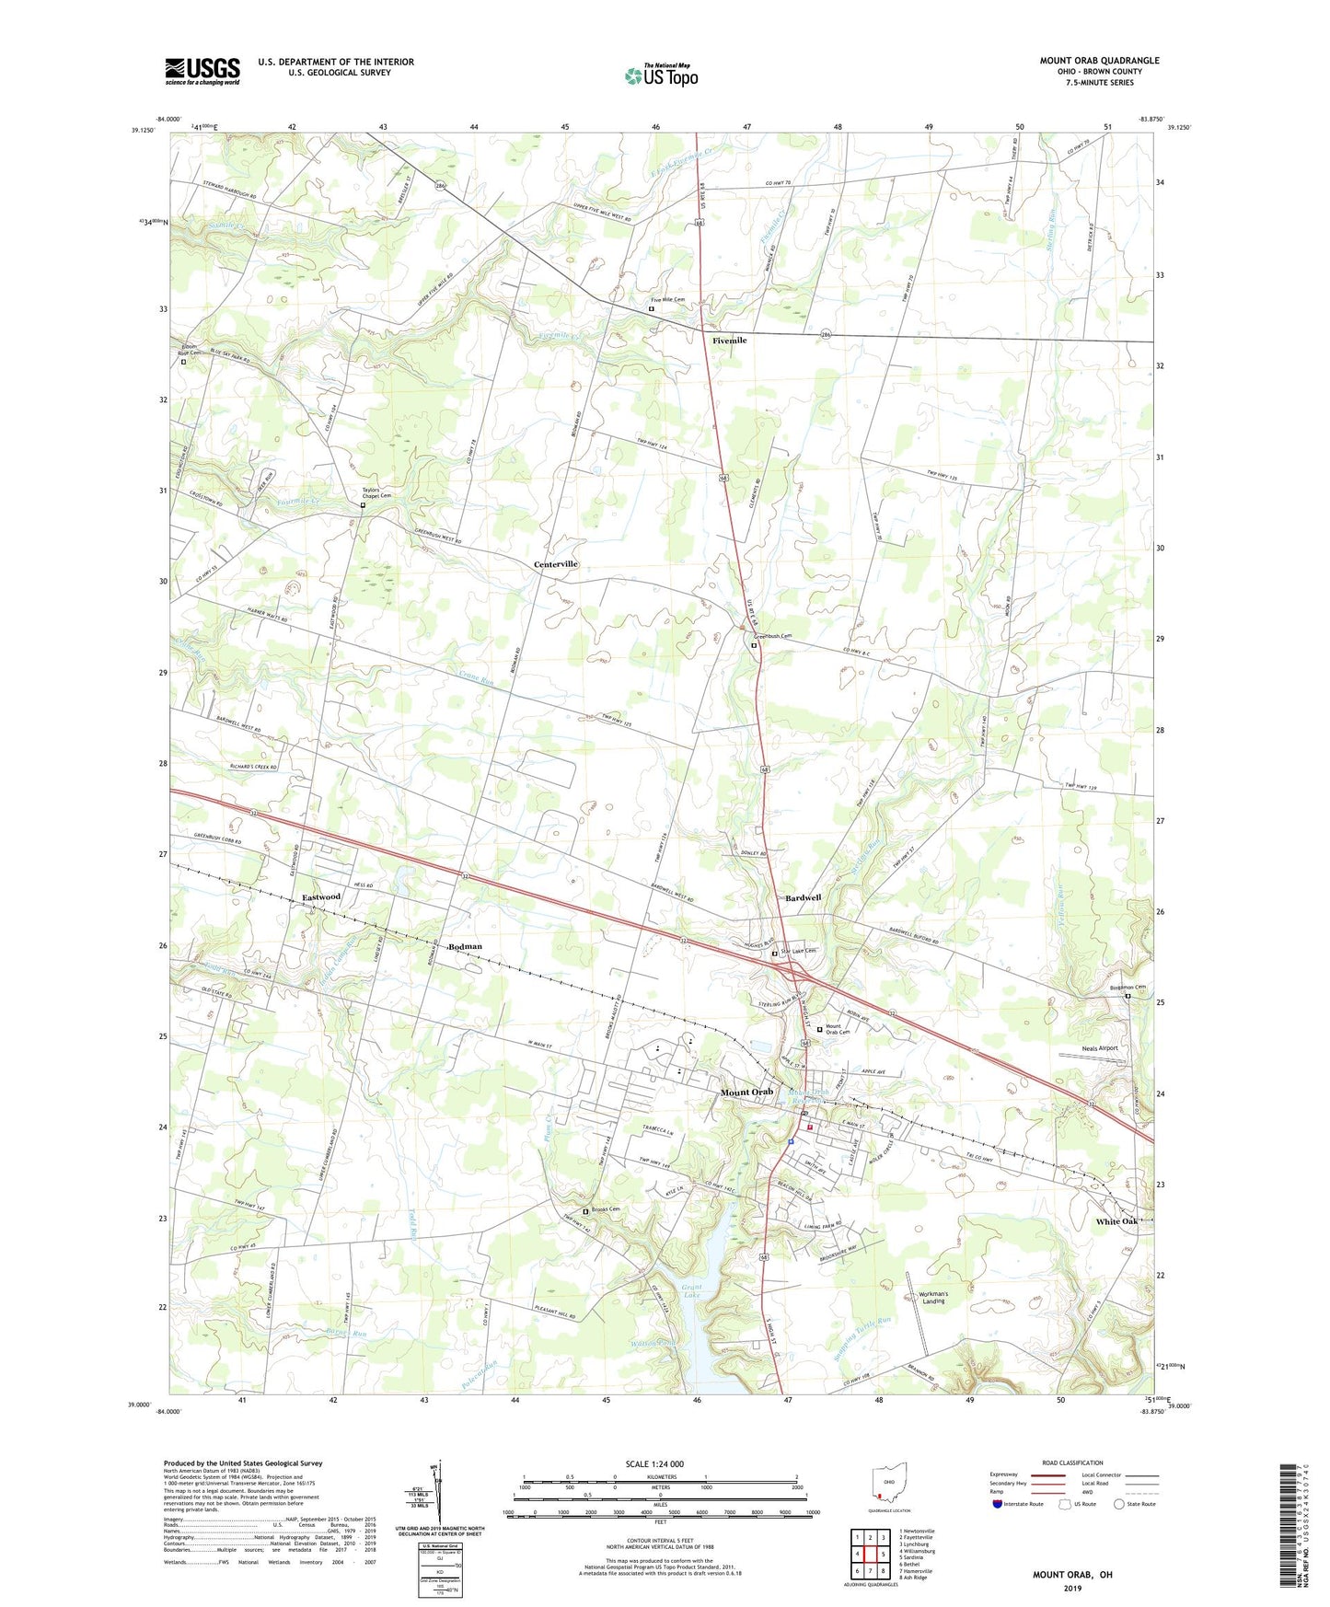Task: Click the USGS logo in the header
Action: pyautogui.click(x=202, y=71)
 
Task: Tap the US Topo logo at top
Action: pyautogui.click(x=661, y=75)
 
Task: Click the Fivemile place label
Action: pyautogui.click(x=729, y=341)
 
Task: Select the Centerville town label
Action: pyautogui.click(x=556, y=563)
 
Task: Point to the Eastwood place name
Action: pyautogui.click(x=321, y=896)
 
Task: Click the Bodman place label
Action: pyautogui.click(x=465, y=946)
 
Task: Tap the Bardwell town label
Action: pyautogui.click(x=803, y=897)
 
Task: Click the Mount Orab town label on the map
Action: pyautogui.click(x=746, y=1093)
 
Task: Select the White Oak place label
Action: pyautogui.click(x=1116, y=1221)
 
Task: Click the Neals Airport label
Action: pyautogui.click(x=1100, y=1048)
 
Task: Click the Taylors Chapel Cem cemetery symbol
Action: pyautogui.click(x=363, y=505)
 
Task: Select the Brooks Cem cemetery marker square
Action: pyautogui.click(x=585, y=1211)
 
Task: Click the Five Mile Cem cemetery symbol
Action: pyautogui.click(x=652, y=309)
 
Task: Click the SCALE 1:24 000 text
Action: pyautogui.click(x=654, y=1463)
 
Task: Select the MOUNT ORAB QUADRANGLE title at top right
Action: pyautogui.click(x=1099, y=61)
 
